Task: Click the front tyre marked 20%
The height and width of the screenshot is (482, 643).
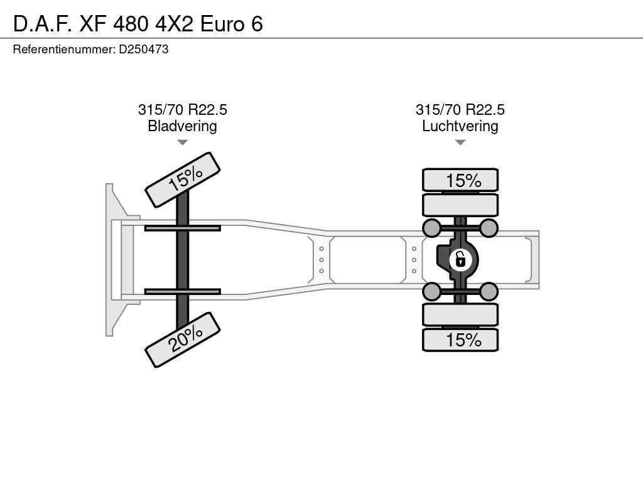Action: [183, 340]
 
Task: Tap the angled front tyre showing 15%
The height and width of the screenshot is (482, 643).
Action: [183, 180]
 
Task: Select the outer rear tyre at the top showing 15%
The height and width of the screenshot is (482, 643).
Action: [460, 180]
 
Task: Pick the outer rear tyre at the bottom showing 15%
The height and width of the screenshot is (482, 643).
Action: [460, 340]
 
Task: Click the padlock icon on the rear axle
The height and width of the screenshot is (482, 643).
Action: [460, 260]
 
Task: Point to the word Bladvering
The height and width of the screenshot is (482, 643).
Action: [182, 126]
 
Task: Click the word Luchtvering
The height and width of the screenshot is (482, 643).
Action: [460, 126]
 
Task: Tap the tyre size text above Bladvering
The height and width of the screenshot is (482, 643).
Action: [183, 110]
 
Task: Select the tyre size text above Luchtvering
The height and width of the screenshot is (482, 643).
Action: [460, 110]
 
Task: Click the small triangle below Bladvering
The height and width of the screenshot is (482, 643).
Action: [183, 142]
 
